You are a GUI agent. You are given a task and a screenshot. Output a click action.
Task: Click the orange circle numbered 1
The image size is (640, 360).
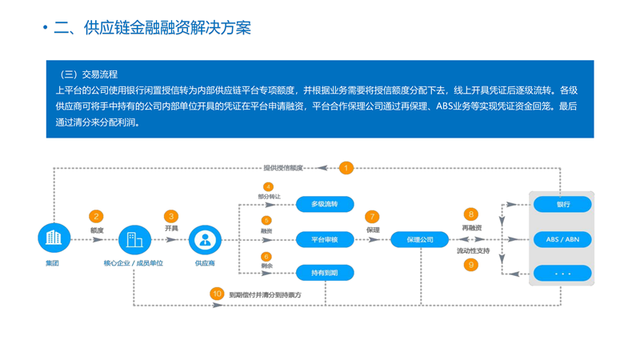346,168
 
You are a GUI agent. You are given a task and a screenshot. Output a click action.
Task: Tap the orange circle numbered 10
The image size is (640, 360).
217,294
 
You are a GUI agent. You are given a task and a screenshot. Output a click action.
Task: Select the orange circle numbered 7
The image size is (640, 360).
372,217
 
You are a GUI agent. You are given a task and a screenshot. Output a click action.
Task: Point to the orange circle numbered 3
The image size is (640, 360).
171,216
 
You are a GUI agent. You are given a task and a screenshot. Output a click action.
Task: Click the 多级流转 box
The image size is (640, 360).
325,205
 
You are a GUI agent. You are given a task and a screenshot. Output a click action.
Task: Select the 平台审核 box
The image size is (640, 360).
325,239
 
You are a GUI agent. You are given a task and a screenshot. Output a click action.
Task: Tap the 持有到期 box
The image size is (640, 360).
325,273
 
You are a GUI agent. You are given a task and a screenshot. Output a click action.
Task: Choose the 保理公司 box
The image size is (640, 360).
420,239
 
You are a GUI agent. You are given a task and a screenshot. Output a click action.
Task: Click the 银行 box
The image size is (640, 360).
562,205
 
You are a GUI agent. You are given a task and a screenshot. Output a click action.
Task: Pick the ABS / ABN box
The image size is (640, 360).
562,239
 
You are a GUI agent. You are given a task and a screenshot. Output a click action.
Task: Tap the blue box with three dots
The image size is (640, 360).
562,274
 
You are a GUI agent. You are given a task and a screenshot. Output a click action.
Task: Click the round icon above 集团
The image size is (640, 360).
54,238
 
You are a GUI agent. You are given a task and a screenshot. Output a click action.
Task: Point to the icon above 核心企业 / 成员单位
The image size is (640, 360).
134,239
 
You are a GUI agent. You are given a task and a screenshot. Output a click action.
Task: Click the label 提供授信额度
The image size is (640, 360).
284,168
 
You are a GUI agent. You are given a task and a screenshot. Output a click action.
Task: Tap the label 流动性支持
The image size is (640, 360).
473,251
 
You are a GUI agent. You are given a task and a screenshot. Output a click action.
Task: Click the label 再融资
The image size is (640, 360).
471,228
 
